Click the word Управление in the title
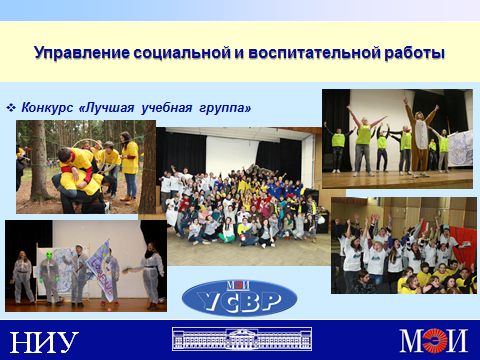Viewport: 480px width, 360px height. tap(82, 53)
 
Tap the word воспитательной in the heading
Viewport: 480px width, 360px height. tap(314, 53)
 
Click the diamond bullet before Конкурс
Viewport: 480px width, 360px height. tap(11, 108)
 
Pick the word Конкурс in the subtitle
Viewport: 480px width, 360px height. tap(47, 108)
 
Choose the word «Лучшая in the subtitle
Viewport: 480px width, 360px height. tap(106, 108)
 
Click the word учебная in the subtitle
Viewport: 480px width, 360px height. tap(167, 108)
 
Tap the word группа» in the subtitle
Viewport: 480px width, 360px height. tap(225, 108)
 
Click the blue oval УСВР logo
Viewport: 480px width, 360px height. tap(239, 298)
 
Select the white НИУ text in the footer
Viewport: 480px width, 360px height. tap(44, 342)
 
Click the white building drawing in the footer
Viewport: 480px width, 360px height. tap(242, 339)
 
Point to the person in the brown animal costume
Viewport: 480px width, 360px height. tap(419, 138)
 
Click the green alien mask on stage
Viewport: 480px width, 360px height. tap(50, 255)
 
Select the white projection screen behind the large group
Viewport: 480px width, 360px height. tap(232, 154)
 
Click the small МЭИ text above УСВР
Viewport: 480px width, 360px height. tap(238, 285)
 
